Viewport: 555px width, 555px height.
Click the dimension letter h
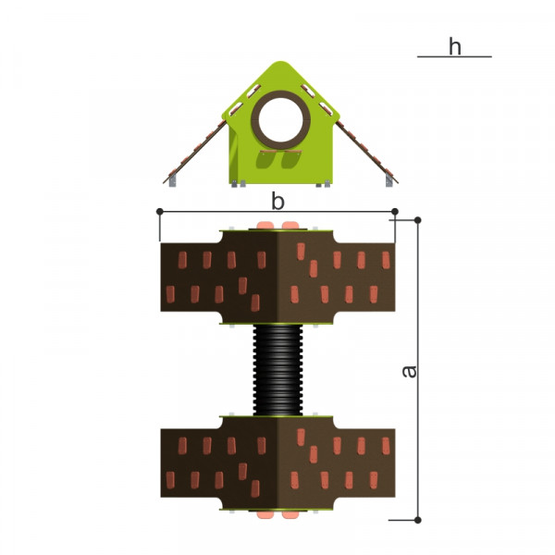pos(455,46)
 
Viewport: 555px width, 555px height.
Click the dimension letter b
pos(277,202)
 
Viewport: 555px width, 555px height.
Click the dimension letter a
pos(409,371)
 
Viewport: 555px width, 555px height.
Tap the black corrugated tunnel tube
pos(277,370)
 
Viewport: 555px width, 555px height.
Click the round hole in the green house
pos(280,119)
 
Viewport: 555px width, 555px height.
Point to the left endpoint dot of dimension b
pos(160,212)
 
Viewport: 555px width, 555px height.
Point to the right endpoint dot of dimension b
pos(395,212)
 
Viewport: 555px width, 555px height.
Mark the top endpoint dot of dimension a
pos(418,220)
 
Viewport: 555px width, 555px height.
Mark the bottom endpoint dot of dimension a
pos(418,520)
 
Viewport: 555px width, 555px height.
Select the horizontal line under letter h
pos(454,56)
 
